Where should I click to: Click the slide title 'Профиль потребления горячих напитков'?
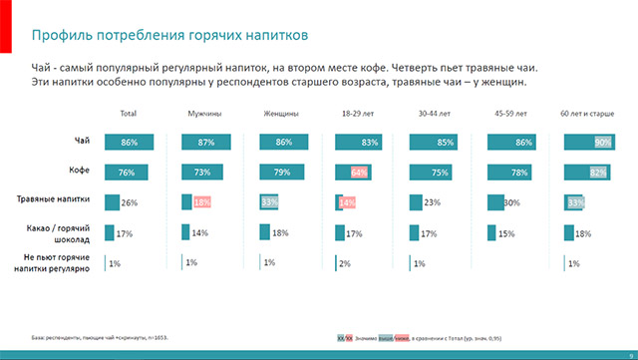(170, 36)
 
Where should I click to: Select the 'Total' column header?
(128, 115)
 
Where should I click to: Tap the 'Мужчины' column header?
(204, 115)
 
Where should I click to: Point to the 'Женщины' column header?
(281, 115)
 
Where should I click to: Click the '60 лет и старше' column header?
(587, 115)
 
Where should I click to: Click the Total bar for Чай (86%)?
(126, 143)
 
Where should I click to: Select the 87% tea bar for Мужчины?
(204, 143)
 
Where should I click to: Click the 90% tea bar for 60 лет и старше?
(587, 143)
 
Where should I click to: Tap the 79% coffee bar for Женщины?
(280, 173)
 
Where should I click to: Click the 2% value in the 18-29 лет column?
(345, 263)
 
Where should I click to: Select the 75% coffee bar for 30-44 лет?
(434, 173)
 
